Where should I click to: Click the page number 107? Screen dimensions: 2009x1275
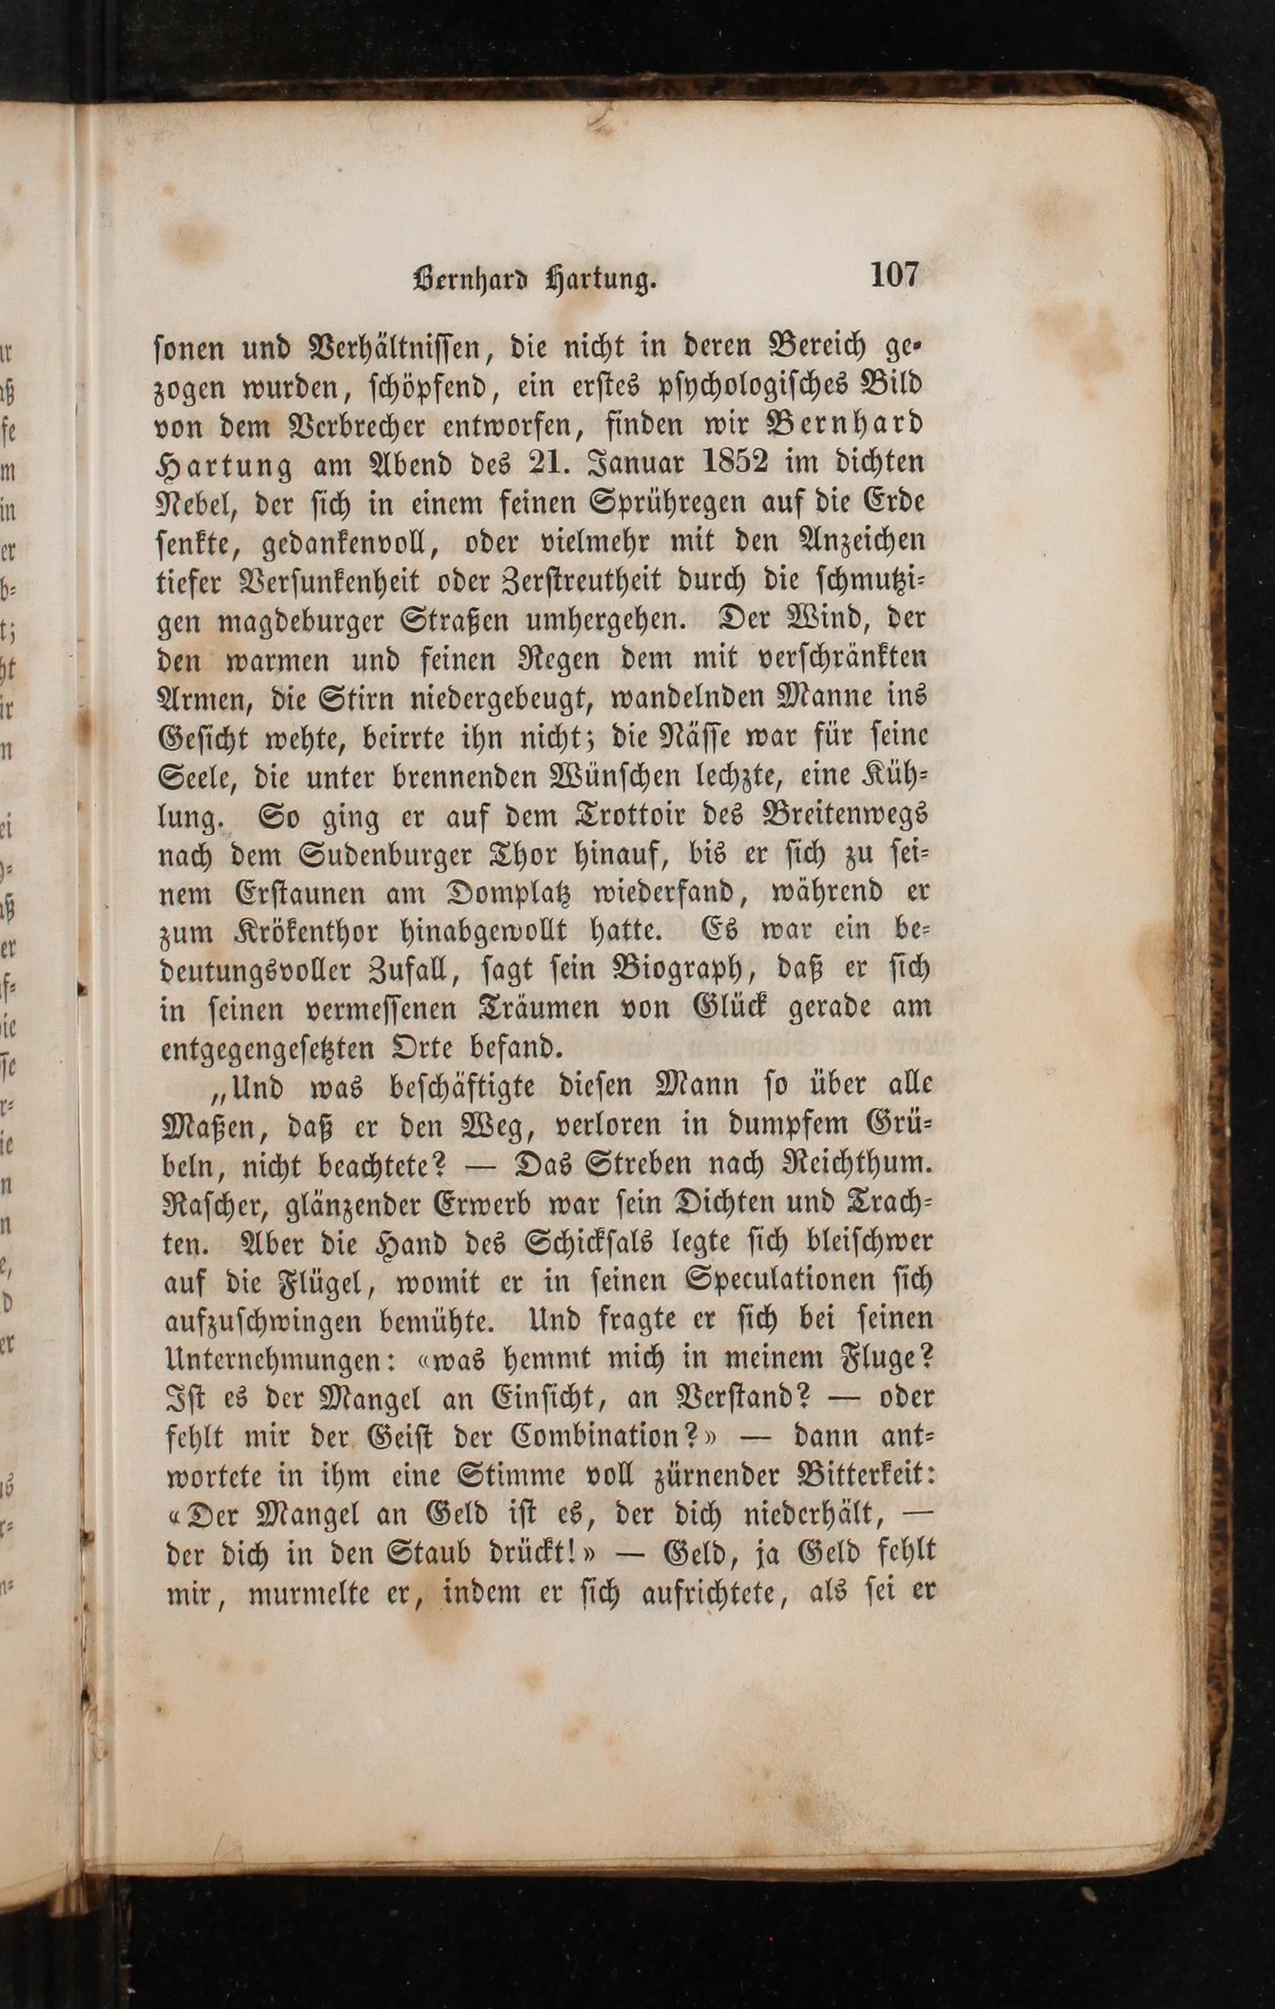(x=894, y=274)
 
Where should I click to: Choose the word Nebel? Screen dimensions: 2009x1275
(x=197, y=503)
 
